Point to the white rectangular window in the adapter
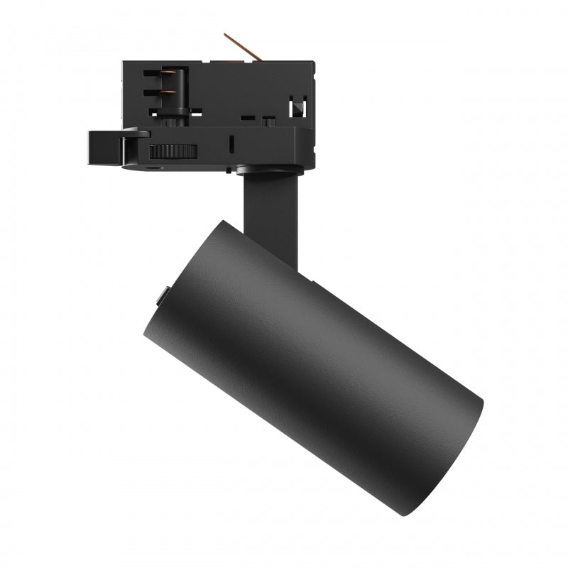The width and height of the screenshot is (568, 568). click(x=297, y=107)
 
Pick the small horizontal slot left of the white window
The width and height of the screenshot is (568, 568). click(x=248, y=116)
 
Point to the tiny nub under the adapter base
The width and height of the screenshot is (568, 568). click(x=229, y=170)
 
